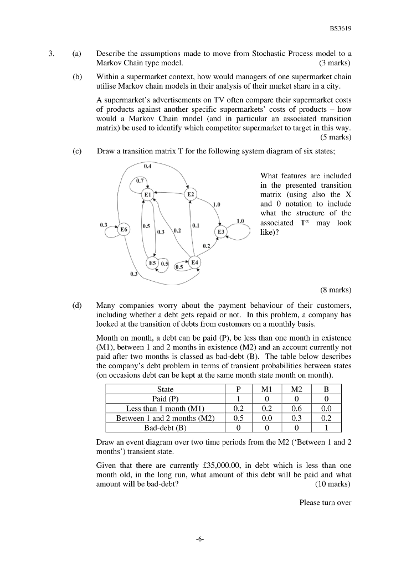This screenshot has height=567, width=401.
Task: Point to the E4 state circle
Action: coord(196,262)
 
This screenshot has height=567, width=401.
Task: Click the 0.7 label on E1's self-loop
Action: coord(141,181)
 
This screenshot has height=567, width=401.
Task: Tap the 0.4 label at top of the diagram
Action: coord(148,166)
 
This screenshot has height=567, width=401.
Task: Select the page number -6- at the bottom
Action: coord(200,537)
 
